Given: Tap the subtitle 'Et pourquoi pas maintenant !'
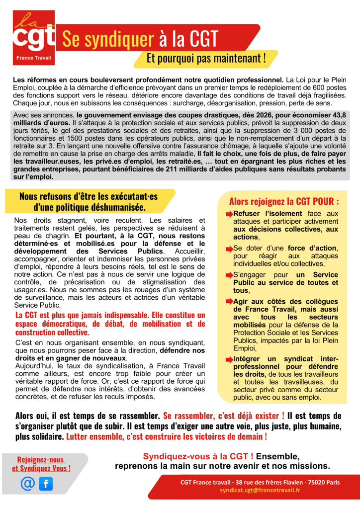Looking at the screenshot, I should coord(206,59).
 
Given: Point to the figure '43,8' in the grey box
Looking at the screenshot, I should coord(340,114).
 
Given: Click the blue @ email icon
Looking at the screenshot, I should coord(28,484).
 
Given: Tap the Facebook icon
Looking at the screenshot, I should coord(46,484).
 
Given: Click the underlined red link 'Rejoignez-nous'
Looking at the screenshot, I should coord(41,459).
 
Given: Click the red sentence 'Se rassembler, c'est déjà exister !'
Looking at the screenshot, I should coord(224,415).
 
